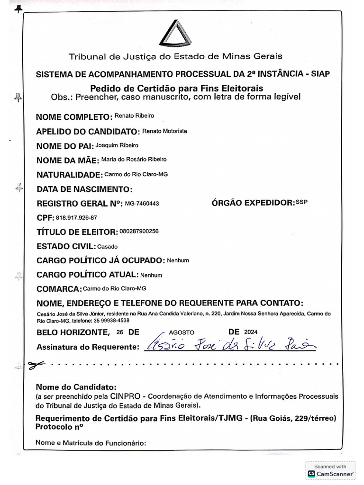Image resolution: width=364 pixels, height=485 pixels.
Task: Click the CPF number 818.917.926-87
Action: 76,218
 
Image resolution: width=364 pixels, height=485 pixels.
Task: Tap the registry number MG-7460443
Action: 142,203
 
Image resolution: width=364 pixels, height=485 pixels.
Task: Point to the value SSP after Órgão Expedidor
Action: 301,202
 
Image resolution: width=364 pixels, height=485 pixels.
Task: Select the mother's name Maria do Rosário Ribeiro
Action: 134,160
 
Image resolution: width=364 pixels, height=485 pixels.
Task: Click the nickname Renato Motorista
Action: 164,131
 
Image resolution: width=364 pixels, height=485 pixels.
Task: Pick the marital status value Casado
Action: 107,247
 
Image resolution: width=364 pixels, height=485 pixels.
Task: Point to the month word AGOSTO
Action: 181,332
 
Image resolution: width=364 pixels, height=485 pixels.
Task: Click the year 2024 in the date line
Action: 251,332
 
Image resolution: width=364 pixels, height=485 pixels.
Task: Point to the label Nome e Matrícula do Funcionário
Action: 91,444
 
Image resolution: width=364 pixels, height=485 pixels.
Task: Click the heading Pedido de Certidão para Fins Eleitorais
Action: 176,89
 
